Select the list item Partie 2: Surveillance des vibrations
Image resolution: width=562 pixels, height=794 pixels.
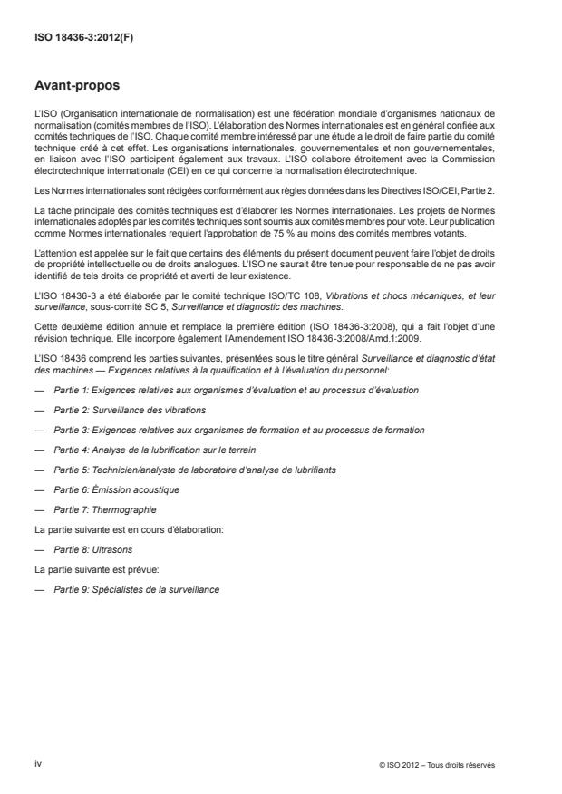point(117,410)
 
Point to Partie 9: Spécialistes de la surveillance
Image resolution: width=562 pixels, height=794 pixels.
point(136,589)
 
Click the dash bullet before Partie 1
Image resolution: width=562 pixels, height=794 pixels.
point(38,390)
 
